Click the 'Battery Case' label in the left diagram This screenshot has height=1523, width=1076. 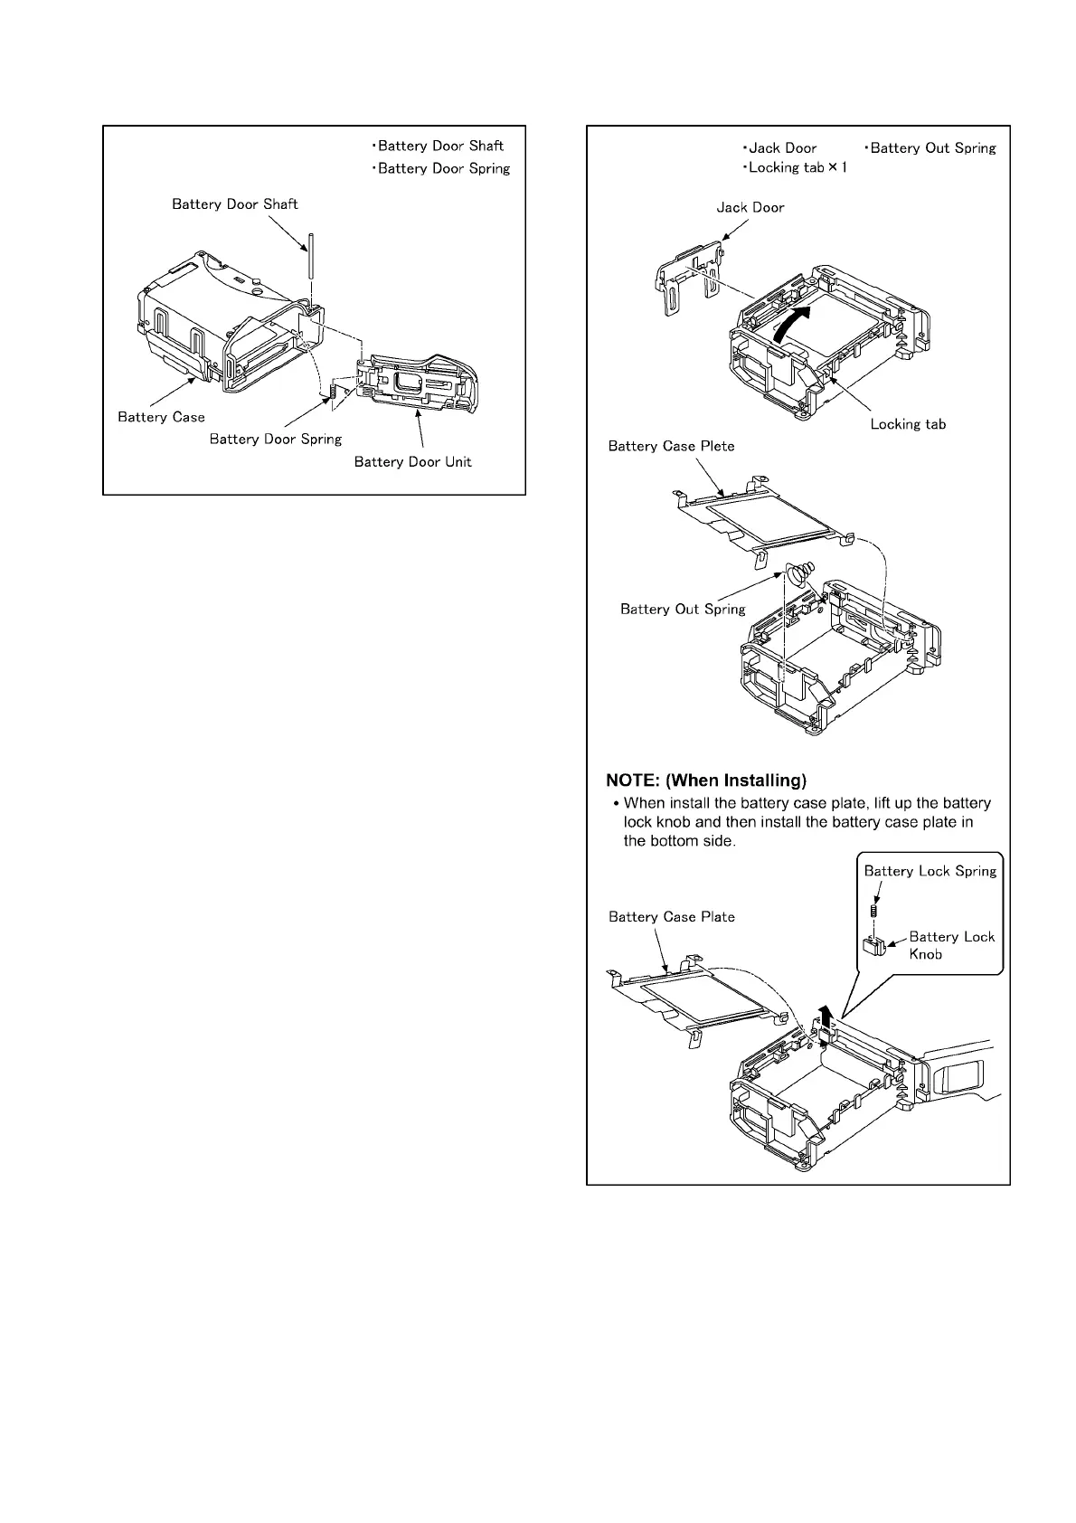(x=162, y=417)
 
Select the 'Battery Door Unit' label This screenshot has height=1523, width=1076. (x=412, y=462)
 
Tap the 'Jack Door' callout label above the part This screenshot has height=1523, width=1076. (x=750, y=207)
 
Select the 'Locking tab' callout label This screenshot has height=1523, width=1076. (x=908, y=424)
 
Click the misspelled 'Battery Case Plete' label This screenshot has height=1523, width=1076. (x=671, y=446)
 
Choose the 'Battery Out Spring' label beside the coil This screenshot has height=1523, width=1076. (x=683, y=610)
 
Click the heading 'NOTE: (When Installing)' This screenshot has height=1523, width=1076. (x=706, y=780)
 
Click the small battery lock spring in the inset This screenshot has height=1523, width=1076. (x=874, y=909)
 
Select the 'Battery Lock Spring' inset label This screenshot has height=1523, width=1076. (x=930, y=871)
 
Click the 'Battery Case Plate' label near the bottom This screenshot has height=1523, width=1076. (x=671, y=917)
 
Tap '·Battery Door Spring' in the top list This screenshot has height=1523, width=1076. (x=440, y=168)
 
